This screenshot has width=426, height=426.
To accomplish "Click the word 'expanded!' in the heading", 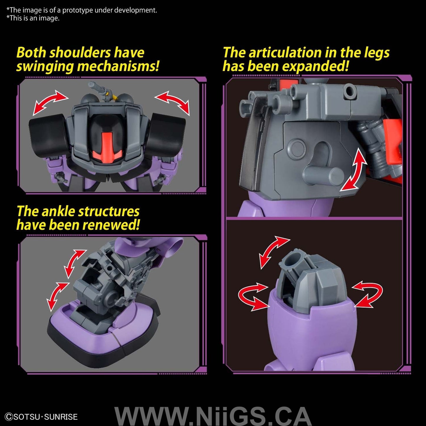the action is pyautogui.click(x=315, y=67).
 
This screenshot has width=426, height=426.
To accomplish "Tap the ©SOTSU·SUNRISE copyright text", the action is pyautogui.click(x=41, y=417).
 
